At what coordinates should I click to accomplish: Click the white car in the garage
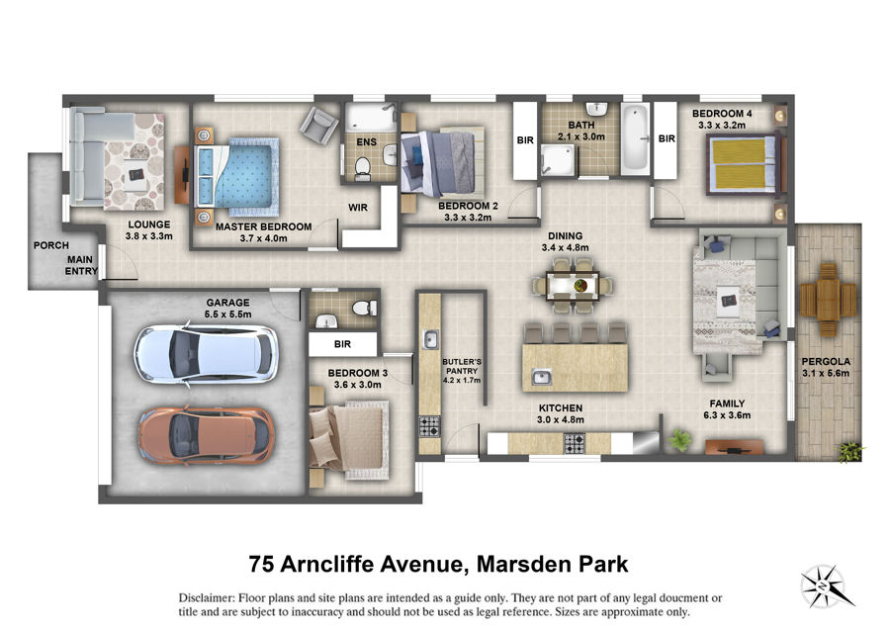206,355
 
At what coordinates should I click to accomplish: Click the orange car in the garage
208,435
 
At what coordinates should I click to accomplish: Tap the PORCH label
51,245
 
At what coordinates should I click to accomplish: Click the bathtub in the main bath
635,139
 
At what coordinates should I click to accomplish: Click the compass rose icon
824,585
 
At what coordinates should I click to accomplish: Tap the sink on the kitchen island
542,376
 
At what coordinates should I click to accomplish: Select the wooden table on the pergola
828,300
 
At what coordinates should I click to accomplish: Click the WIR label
358,208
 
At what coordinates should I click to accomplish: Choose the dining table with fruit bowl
573,285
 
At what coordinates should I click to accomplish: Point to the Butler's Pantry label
462,371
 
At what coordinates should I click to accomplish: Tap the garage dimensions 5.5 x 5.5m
228,315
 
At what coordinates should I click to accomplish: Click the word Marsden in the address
524,564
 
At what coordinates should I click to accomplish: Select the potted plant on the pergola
849,452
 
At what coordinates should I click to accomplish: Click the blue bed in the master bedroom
237,172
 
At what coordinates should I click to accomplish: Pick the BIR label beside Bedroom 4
667,138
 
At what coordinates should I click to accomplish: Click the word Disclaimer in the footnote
206,598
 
